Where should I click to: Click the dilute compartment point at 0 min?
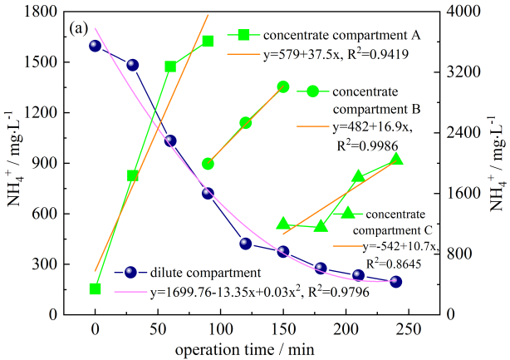(x=96, y=46)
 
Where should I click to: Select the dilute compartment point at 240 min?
(x=395, y=282)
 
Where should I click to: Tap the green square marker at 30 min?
(x=133, y=175)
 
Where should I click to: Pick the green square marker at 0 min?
(x=96, y=289)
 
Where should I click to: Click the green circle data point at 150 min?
(x=283, y=86)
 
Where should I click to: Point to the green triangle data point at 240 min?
(x=395, y=160)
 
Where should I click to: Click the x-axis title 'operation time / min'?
(x=245, y=349)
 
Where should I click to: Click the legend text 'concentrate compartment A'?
(x=341, y=36)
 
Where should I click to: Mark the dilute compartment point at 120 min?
(x=246, y=244)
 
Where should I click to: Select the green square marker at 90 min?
(x=208, y=41)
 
